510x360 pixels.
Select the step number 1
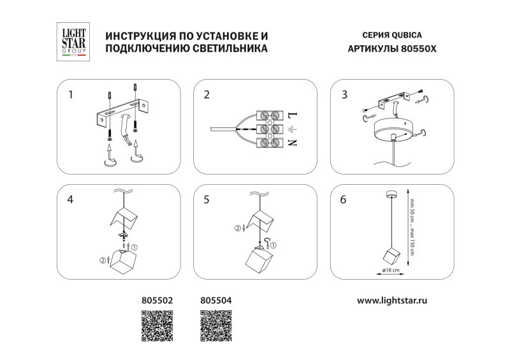71,95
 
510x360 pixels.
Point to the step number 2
207,95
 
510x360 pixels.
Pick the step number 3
344,95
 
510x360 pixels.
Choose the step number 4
71,199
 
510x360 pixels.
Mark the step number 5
207,199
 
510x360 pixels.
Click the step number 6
344,199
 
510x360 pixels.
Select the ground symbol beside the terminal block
292,129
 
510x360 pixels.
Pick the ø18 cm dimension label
391,271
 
